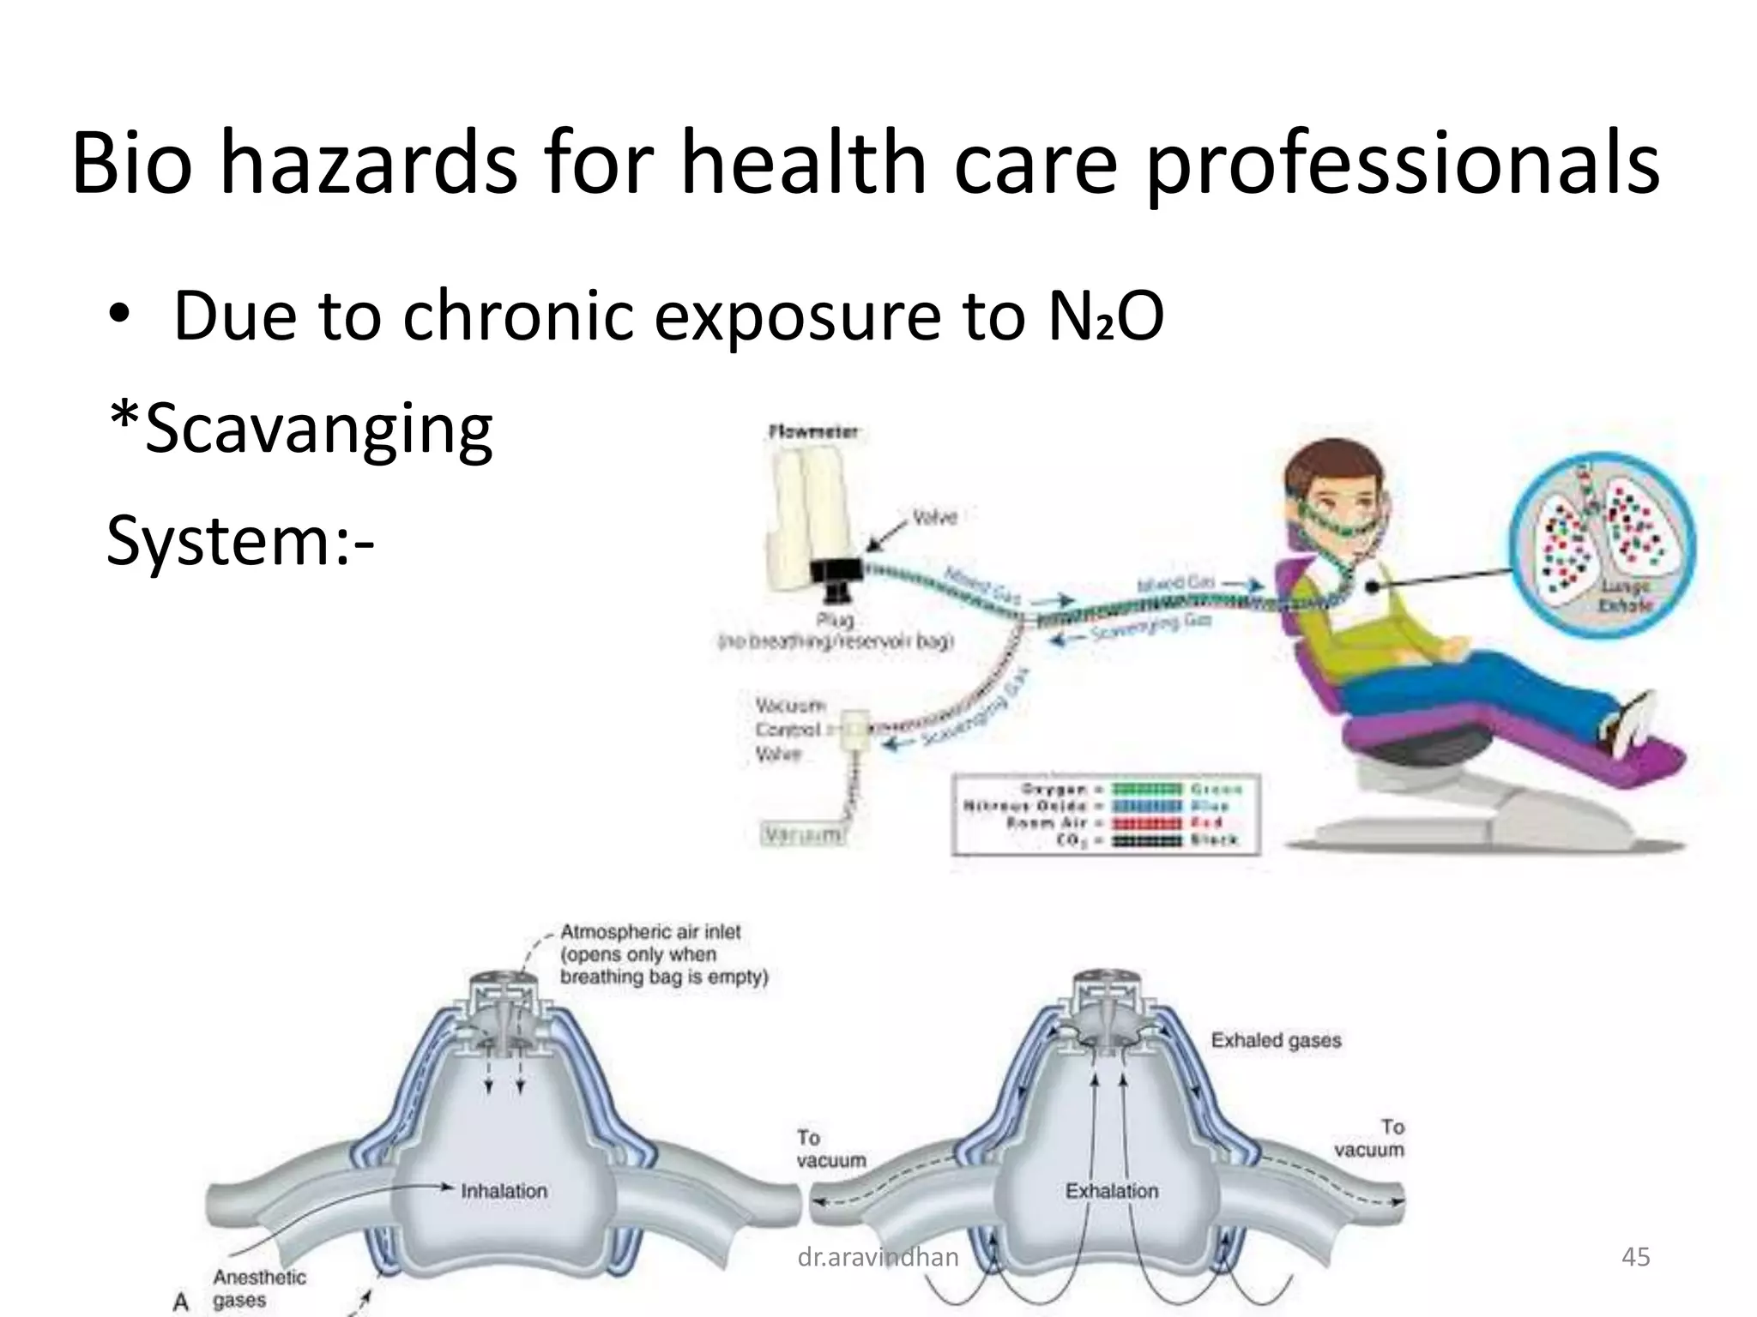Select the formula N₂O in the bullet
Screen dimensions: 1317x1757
pyautogui.click(x=1106, y=316)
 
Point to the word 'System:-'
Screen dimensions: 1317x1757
pyautogui.click(x=241, y=543)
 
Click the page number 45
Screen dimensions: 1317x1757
pyautogui.click(x=1635, y=1257)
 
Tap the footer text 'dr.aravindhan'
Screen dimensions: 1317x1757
pyautogui.click(x=878, y=1257)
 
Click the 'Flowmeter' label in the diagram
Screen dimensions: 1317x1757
pyautogui.click(x=814, y=433)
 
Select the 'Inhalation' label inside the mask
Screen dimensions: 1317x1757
pyautogui.click(x=504, y=1191)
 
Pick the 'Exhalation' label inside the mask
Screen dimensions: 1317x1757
pyautogui.click(x=1112, y=1191)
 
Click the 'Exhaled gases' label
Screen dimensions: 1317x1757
pyautogui.click(x=1276, y=1041)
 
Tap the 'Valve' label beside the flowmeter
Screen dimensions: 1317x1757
pyautogui.click(x=934, y=518)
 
